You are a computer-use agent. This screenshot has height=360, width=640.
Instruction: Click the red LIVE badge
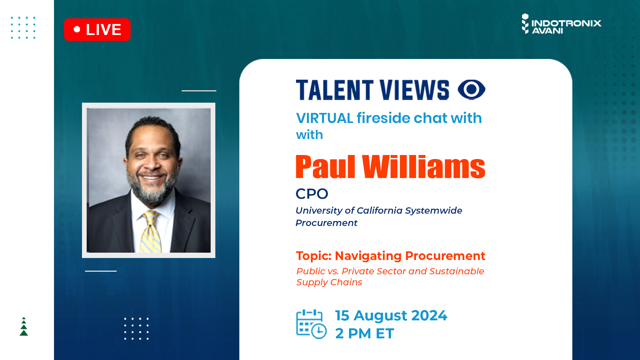97,30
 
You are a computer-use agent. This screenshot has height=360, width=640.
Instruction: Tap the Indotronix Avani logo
561,24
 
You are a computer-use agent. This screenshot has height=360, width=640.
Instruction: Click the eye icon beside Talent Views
471,89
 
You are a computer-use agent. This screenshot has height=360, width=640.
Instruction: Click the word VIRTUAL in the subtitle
324,118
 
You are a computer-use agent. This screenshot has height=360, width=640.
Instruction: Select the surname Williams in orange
424,167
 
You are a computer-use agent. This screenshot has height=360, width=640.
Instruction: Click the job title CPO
312,194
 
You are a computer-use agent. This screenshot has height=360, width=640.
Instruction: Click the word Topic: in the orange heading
314,256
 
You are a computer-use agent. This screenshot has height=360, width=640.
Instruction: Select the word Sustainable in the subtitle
456,271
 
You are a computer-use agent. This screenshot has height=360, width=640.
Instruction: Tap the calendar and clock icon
311,324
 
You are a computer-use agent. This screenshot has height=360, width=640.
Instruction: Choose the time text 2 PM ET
365,333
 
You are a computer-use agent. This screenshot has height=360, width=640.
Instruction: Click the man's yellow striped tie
151,232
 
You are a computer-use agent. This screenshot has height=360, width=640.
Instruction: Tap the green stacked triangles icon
24,326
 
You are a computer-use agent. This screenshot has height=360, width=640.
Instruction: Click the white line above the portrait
199,91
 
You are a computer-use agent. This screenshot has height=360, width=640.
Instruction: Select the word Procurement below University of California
326,223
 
